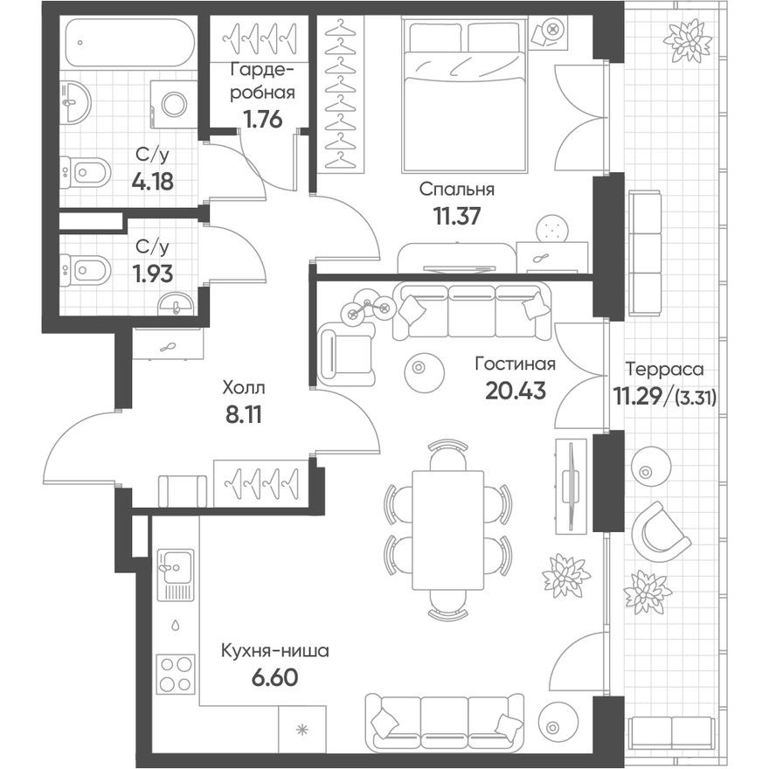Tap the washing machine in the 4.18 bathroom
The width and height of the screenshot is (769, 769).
(x=173, y=103)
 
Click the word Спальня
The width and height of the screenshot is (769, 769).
(x=456, y=189)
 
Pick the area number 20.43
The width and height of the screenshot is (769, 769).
(x=515, y=389)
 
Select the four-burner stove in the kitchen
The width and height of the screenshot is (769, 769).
(x=176, y=675)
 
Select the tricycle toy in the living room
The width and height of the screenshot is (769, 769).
(x=368, y=308)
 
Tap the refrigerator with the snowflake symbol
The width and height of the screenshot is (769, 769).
(x=301, y=728)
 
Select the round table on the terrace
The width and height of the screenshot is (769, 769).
(x=648, y=467)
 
